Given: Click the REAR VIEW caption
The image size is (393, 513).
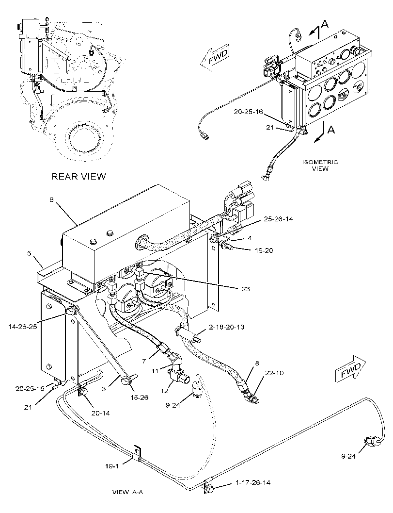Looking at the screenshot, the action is tap(79, 177).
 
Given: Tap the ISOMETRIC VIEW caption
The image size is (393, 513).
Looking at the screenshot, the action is tap(320, 165).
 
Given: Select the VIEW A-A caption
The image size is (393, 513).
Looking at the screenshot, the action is tap(128, 492).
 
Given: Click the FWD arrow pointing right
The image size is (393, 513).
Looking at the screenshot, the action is tap(350, 370).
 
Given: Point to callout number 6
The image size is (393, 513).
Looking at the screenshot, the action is tap(52, 199).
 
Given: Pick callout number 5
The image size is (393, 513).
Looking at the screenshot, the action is tap(29, 253).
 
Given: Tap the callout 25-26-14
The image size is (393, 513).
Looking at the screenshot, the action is tap(278, 219).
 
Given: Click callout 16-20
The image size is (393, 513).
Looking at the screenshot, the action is tap(264, 250).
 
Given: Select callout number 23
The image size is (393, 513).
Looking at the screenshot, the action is tap(246, 289).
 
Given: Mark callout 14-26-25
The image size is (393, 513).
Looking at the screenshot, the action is tap(23, 326).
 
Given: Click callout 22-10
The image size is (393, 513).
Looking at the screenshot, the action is tap(275, 372).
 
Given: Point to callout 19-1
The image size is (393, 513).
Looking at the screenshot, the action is tap(112, 466).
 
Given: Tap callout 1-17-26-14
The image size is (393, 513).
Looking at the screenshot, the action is tap(253, 482).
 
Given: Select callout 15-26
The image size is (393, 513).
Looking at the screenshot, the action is tap(139, 397).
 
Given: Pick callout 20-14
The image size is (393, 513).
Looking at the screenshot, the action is tap(101, 413).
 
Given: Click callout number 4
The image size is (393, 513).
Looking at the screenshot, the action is tap(250, 238).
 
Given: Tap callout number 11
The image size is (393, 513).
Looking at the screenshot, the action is tap(156, 371).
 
